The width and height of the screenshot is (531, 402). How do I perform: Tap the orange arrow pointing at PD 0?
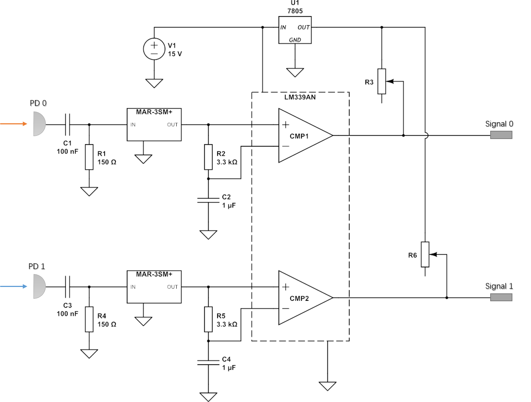(14, 124)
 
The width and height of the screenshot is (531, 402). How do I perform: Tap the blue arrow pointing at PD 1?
(14, 286)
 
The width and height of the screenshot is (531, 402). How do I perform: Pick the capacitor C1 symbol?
(68, 125)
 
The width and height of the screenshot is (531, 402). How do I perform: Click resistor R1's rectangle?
(89, 157)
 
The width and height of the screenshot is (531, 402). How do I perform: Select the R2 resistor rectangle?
(208, 157)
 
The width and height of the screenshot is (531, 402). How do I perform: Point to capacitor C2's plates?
(208, 200)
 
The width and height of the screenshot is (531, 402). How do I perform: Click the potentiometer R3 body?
(381, 81)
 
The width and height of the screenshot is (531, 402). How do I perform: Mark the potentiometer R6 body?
(425, 254)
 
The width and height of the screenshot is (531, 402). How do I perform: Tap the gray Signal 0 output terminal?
(501, 135)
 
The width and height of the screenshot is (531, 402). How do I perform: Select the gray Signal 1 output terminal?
(501, 297)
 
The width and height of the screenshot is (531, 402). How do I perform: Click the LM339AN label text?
(300, 97)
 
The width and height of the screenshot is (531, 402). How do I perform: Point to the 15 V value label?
(175, 54)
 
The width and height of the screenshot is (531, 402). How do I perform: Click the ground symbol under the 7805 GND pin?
(295, 73)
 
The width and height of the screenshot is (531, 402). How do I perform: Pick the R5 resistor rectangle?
(208, 319)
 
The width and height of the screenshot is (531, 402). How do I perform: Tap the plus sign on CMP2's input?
(286, 287)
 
